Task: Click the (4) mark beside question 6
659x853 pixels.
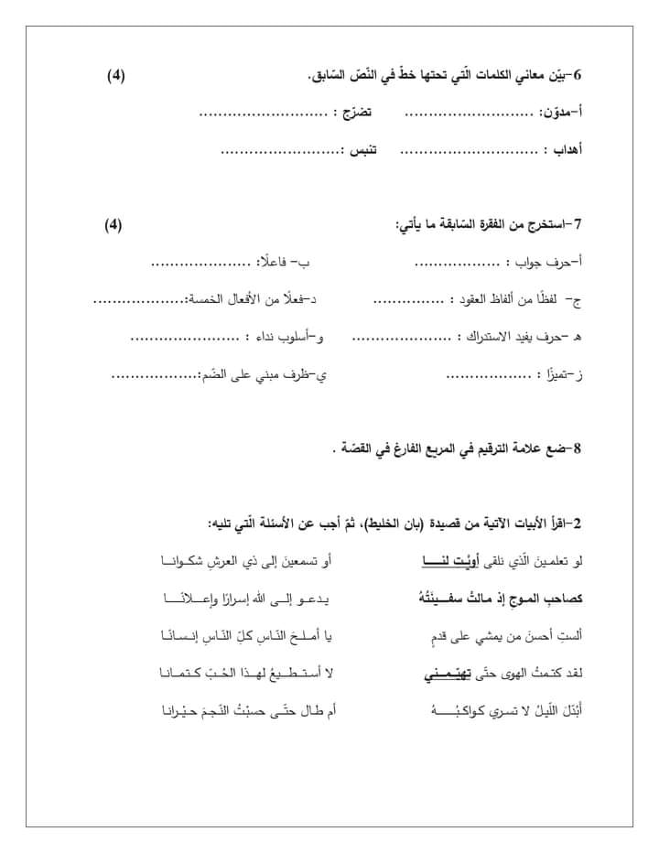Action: coord(115,75)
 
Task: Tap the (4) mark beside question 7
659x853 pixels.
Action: coord(113,225)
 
